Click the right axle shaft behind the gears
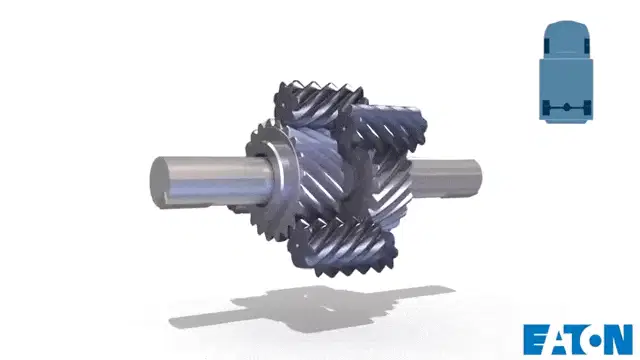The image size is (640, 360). click(447, 178)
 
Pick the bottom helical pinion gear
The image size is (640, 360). click(342, 245)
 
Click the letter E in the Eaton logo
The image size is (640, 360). click(535, 339)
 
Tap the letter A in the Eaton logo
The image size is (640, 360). click(558, 340)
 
